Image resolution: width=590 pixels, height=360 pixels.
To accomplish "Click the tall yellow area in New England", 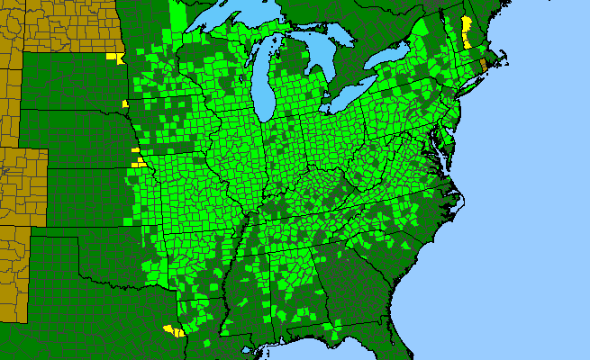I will pos(467,32).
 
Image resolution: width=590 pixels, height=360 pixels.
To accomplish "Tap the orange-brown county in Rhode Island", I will pos(484,65).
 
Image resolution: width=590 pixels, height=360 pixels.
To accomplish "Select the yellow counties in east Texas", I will pos(172,330).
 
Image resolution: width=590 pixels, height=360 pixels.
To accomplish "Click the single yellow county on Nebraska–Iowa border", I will pos(125,104).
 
